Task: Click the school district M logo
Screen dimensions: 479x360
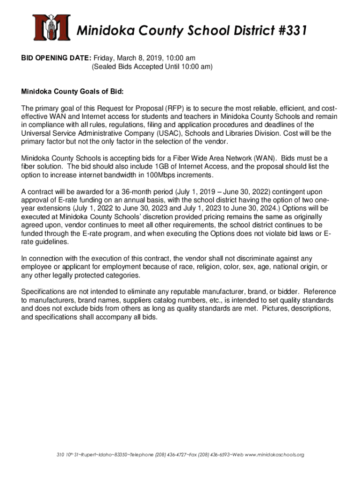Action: click(51, 27)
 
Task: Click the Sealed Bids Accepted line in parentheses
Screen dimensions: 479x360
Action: click(151, 67)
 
